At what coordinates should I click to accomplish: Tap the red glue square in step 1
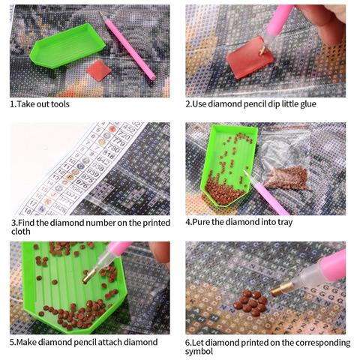99,70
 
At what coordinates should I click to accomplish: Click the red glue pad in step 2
250,57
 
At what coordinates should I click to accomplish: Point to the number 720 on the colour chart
123,136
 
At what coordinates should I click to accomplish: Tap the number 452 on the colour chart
129,129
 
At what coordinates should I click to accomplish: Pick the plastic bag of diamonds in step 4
285,163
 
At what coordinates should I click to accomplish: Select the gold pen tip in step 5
88,277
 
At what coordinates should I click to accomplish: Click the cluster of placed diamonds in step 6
250,303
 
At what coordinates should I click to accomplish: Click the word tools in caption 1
60,104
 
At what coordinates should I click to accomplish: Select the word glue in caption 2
308,104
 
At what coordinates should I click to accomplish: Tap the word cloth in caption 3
21,232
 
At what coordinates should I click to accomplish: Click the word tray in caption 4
285,223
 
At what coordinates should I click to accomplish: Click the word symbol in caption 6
199,352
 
